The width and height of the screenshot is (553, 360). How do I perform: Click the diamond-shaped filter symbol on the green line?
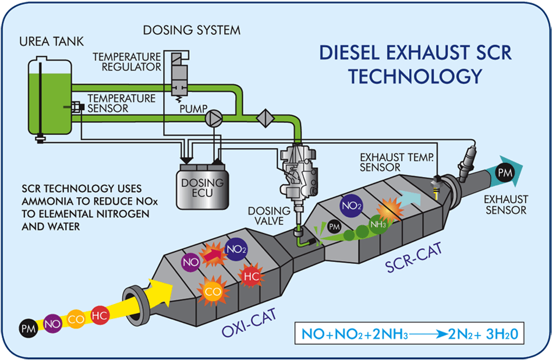pos(265,117)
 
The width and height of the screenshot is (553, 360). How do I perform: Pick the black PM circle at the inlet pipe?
pos(27,328)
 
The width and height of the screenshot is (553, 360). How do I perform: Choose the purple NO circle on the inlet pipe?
pos(53,323)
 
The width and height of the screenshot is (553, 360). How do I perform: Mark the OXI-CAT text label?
pos(249,323)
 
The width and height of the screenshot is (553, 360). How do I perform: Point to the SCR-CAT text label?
pos(414,257)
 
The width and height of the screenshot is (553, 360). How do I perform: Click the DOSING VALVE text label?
pos(265,216)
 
